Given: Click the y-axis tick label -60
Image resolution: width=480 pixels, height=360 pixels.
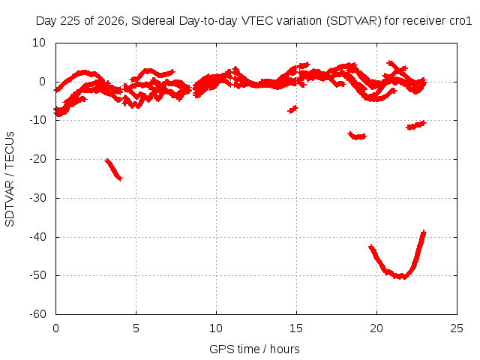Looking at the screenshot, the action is coord(38,314).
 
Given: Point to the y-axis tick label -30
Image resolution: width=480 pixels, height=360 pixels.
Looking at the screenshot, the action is coord(38,198).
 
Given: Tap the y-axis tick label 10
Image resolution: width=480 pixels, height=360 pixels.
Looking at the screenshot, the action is coord(39,43).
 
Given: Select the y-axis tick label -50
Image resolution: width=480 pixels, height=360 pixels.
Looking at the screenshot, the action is coord(38,275).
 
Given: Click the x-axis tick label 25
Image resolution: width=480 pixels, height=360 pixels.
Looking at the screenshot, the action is coord(457,328).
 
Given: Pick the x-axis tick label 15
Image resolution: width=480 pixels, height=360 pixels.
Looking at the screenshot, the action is coord(296,328).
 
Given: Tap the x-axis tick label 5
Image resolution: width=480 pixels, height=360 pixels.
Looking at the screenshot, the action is coord(136,328).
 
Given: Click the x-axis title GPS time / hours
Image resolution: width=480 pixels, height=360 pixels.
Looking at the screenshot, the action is coord(254,349).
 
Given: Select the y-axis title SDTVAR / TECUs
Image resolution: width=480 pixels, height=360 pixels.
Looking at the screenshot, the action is coord(10,179).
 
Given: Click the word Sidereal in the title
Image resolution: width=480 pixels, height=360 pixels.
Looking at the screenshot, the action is coord(153,21).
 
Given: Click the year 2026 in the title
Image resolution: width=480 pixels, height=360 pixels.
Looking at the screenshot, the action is coord(111,21).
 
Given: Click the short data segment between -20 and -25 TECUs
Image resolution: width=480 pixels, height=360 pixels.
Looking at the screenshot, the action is coord(113,169).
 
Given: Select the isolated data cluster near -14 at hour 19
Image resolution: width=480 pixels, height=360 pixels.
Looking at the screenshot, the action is coord(357,135).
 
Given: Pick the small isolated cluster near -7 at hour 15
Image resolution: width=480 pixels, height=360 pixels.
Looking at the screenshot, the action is coord(292,109).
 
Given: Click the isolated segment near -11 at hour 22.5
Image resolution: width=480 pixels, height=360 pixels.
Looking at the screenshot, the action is coord(415,125).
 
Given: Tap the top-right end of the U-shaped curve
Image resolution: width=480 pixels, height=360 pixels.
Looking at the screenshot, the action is coord(424,232).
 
